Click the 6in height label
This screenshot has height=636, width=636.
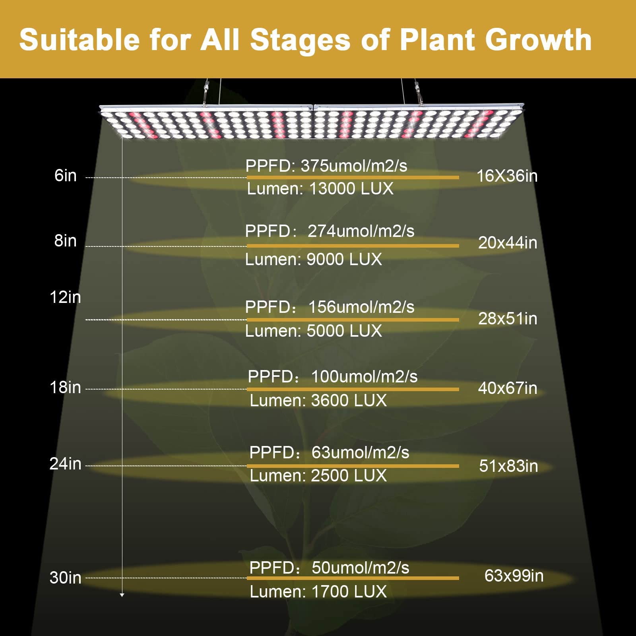(x=66, y=176)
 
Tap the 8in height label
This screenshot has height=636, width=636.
(x=66, y=241)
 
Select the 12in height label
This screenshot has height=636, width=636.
(x=65, y=297)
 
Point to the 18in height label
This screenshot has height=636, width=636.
(x=65, y=388)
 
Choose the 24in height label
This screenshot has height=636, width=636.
(x=65, y=464)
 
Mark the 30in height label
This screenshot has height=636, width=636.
(x=65, y=578)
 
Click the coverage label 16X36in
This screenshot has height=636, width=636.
(x=507, y=176)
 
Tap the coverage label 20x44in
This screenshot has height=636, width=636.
(x=508, y=243)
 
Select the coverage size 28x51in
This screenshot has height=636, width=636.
(x=508, y=319)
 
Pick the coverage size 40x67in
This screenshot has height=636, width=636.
(x=508, y=388)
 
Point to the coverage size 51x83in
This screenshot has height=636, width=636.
(x=508, y=466)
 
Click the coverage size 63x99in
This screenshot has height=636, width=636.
(x=514, y=576)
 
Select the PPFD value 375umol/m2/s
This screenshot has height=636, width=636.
(x=354, y=166)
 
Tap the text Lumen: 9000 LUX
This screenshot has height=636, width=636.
(x=314, y=260)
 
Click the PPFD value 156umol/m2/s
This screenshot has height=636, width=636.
(x=361, y=307)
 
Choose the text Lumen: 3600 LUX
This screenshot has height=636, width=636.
(x=318, y=401)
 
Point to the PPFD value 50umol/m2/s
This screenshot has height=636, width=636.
(x=360, y=568)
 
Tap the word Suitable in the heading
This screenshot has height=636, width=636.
(x=79, y=40)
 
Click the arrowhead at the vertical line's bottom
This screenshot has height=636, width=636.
(x=122, y=595)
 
